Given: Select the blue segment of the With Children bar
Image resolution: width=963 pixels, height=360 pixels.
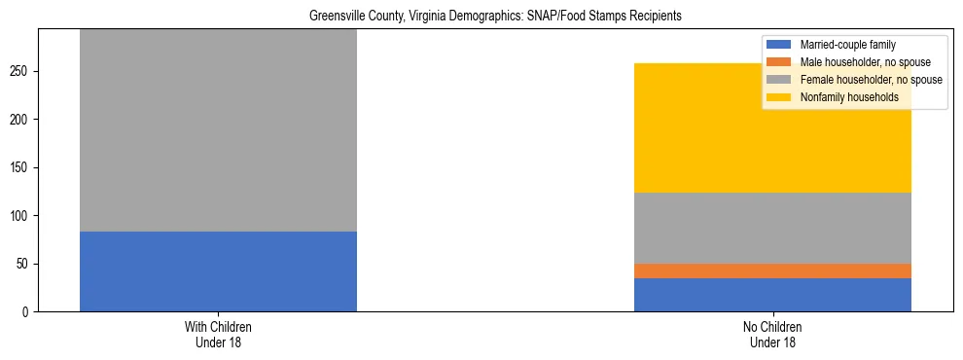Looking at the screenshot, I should (x=218, y=271).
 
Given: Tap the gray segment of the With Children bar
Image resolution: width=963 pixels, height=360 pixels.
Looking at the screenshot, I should (x=218, y=130).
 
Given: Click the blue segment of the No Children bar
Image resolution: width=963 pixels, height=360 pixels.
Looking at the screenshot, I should (x=772, y=295).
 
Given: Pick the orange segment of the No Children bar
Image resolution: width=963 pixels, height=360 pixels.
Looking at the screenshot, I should (x=772, y=270).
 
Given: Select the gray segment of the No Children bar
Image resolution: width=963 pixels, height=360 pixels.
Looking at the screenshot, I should (x=772, y=228).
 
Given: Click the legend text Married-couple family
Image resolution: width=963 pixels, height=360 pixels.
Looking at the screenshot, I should (x=847, y=45).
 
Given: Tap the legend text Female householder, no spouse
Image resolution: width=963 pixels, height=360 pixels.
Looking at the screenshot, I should (x=871, y=80).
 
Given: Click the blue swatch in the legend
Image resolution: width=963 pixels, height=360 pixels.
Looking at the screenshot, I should (x=779, y=45).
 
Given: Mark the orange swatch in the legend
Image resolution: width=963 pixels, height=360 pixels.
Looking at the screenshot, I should (x=779, y=62).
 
